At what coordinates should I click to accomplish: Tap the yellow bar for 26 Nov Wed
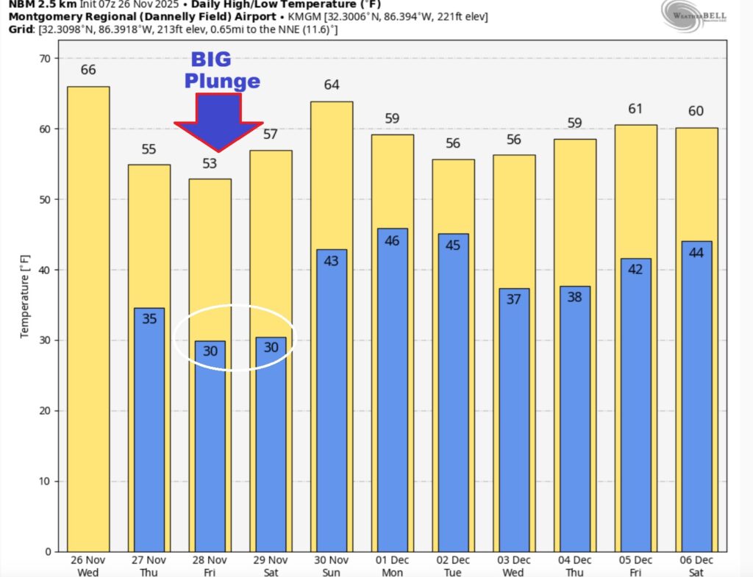88,316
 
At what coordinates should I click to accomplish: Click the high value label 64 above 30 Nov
332,85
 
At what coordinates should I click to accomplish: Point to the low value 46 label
392,240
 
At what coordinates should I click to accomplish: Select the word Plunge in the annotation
222,81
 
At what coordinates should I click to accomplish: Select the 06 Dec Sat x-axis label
696,566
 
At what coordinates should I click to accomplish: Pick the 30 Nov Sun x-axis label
332,566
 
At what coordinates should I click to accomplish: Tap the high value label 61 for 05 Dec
635,109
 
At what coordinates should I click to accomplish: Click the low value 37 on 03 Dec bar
513,300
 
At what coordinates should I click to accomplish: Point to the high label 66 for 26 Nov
88,71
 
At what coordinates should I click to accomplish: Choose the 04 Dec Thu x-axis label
574,566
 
